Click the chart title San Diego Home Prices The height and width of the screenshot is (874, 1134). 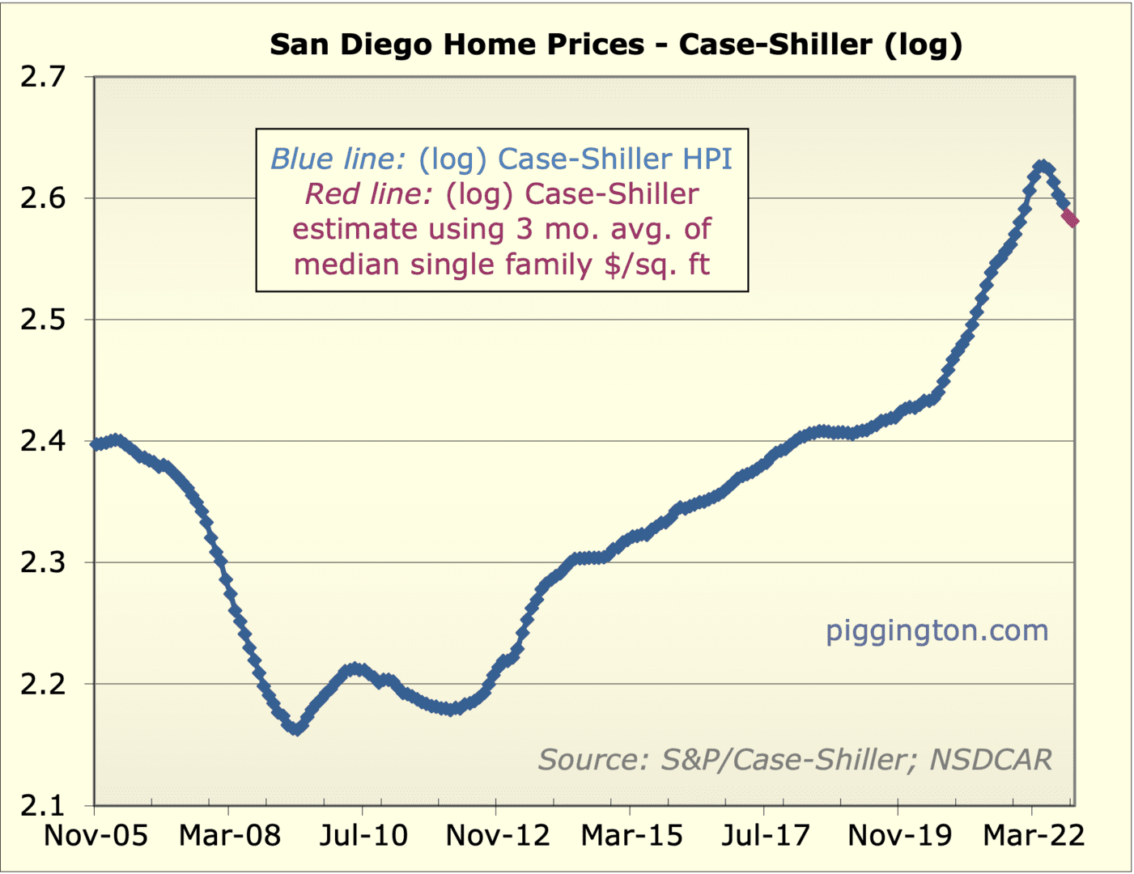[x=615, y=44]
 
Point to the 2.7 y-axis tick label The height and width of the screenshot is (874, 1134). [x=42, y=77]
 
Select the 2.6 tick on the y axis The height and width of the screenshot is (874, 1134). [x=42, y=198]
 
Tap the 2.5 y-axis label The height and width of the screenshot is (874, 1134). [x=42, y=320]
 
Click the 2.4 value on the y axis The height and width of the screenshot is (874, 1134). [x=42, y=441]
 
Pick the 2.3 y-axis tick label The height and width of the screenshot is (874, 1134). [x=42, y=562]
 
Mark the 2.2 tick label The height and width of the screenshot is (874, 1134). [x=42, y=684]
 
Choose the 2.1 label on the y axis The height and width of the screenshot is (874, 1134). [x=42, y=806]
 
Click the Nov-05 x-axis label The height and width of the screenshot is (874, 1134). [x=96, y=835]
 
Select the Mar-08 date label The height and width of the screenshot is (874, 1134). [x=229, y=835]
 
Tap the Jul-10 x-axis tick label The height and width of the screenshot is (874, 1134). [x=363, y=835]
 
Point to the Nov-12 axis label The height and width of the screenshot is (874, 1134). [x=497, y=835]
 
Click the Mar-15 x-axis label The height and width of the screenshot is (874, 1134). [x=631, y=835]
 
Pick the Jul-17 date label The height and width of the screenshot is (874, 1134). [x=765, y=835]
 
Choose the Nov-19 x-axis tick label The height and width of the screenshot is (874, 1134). [x=899, y=835]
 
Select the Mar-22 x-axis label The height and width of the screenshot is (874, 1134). [x=1033, y=835]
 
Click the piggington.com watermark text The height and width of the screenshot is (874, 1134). [x=937, y=630]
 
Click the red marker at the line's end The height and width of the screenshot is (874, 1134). [x=1071, y=218]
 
